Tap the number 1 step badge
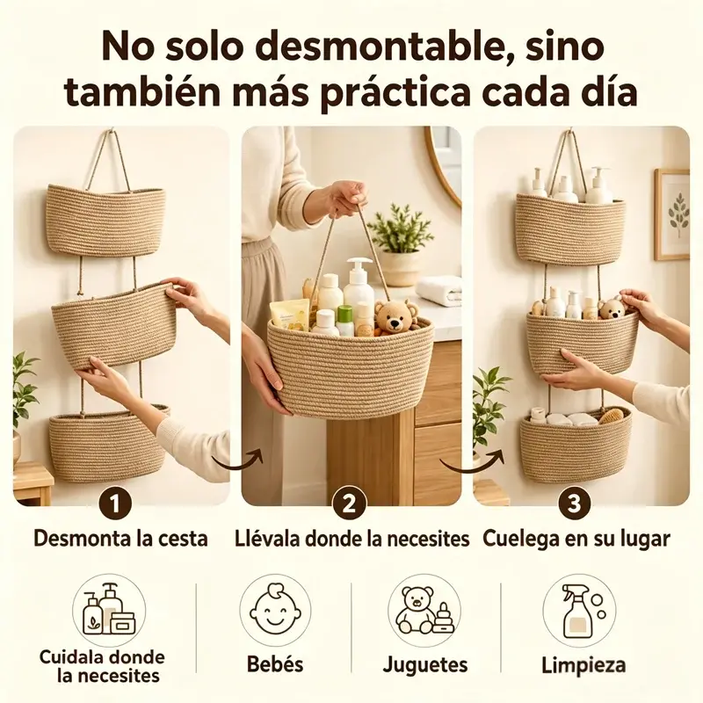coord(115,503)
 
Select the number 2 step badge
coord(349,503)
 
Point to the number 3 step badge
coord(575,503)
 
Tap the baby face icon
coord(275,610)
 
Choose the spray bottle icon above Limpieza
coord(578,610)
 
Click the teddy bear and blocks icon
coord(424,610)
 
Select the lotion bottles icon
coord(109,610)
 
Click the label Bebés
coord(275,664)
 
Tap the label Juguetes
coord(425,665)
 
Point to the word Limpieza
coord(583,665)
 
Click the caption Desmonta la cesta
coord(120,539)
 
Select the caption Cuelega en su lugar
coord(576,540)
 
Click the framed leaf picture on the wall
coord(671,214)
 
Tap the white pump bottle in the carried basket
coord(359,283)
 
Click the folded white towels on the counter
coord(439,291)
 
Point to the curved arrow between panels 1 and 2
coord(237,462)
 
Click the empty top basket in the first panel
coord(105,221)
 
